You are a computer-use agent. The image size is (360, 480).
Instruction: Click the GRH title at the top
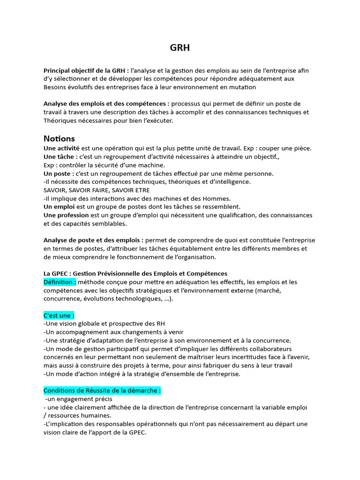pos(180,48)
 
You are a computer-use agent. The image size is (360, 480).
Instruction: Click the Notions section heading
pos(59,139)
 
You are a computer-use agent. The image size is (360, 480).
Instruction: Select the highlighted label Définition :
pos(60,282)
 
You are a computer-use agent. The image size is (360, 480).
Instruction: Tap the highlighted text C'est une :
pos(59,315)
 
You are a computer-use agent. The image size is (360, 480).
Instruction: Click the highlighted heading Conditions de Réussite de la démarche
pos(102,390)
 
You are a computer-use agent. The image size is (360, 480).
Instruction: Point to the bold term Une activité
pos(61,148)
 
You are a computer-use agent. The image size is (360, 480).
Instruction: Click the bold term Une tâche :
pos(60,157)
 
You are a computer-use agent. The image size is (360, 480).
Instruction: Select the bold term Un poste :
pos(59,173)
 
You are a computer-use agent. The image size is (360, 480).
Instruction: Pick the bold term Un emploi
pos(59,207)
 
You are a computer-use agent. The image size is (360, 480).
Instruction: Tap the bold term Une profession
pos(66,215)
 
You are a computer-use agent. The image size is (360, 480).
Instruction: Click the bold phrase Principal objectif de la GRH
pos(86,70)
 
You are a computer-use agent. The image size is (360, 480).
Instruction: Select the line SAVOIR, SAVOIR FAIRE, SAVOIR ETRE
pos(97,190)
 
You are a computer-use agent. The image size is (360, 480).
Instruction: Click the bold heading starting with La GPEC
pos(135,274)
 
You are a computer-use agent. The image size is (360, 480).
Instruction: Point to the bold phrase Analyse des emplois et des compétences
pos(107,104)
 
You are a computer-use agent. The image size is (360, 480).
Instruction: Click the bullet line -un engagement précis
pos(79,399)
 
